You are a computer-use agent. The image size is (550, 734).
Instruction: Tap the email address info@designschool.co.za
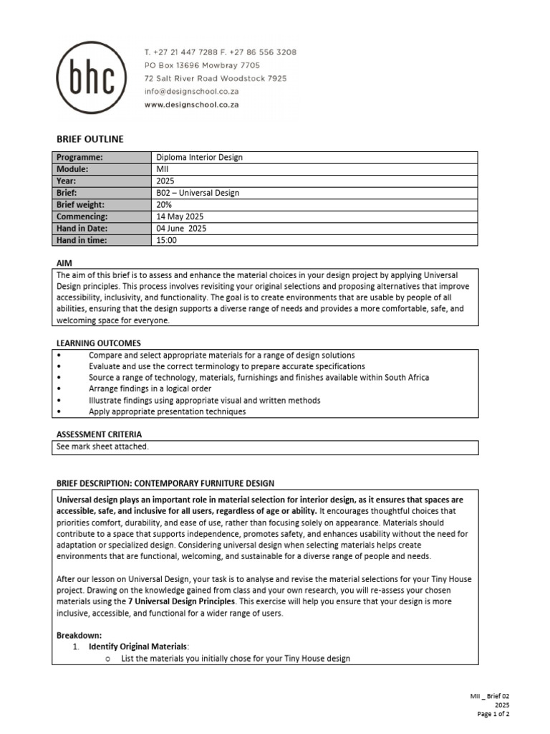pos(191,92)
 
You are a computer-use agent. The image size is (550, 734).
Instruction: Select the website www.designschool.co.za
pos(191,105)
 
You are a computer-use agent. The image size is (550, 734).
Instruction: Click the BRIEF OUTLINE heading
pos(90,139)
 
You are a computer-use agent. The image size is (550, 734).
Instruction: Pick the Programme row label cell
pos(79,158)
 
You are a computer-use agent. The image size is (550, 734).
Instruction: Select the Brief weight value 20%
pos(165,204)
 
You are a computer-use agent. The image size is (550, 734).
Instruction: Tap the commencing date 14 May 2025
pos(180,216)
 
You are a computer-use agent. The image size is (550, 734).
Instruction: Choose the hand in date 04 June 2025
pos(181,228)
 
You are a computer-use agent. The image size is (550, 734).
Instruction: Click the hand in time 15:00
pos(166,240)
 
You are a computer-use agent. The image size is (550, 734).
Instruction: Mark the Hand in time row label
pos(81,240)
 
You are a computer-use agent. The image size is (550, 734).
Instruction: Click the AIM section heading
pos(64,263)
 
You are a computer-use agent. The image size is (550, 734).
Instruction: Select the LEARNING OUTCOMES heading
pos(98,343)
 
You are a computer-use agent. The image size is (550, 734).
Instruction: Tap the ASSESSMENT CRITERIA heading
pos(99,434)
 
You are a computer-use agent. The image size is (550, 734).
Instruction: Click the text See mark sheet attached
pos(102,447)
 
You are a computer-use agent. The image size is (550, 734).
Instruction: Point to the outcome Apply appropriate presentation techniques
pos(167,412)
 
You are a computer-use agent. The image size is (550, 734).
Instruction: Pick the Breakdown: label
pos(79,635)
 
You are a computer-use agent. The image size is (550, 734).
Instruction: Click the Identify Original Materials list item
pos(139,647)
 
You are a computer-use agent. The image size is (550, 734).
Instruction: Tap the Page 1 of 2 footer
pos(493,714)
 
